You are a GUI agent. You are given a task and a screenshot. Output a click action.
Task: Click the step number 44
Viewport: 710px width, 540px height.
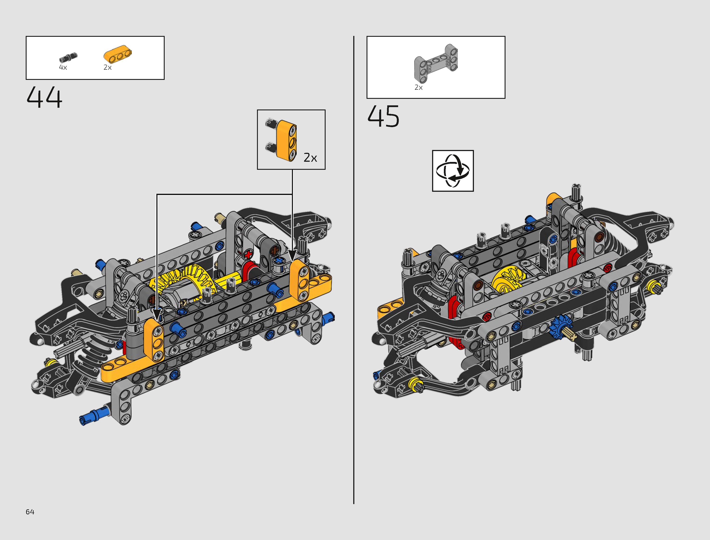tap(44, 97)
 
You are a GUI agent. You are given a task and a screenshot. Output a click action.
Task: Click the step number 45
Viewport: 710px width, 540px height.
tap(383, 116)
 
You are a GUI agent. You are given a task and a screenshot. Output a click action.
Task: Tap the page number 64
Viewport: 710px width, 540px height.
tap(30, 512)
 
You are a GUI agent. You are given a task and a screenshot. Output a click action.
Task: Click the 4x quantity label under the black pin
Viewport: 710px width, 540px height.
tap(63, 67)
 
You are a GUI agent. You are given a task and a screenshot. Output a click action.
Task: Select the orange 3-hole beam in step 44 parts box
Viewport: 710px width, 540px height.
tap(118, 55)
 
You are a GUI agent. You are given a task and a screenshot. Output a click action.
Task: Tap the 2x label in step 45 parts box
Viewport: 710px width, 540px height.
tap(418, 87)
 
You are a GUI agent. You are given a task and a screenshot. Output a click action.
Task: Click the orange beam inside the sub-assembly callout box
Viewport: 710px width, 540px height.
tap(286, 140)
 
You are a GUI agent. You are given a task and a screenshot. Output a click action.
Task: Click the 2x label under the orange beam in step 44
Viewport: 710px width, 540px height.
tap(107, 67)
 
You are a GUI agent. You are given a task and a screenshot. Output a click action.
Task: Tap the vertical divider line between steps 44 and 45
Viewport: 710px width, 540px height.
tap(354, 270)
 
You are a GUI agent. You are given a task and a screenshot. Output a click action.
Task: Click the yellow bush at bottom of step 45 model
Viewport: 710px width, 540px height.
tap(416, 384)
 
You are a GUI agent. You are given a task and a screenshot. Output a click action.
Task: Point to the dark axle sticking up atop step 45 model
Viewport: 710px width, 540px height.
tap(576, 193)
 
